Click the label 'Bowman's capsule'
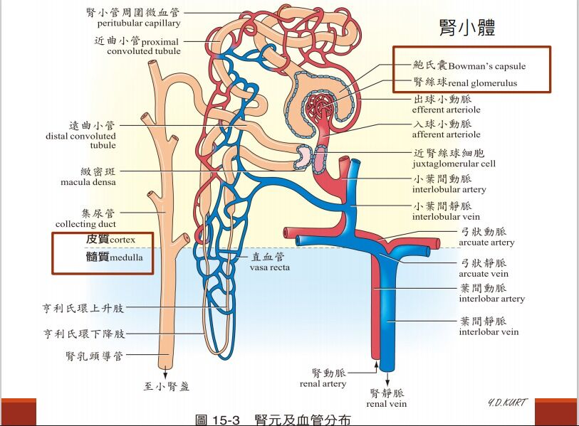tap(487, 66)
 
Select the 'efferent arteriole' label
tap(446, 110)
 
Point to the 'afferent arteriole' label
tap(446, 134)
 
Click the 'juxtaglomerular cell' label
tap(454, 164)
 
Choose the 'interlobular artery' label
tap(449, 190)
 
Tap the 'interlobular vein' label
tap(446, 216)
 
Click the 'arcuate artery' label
tap(486, 243)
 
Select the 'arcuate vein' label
tap(484, 274)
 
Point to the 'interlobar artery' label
tap(491, 299)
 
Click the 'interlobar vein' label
tap(489, 331)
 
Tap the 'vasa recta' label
tap(267, 268)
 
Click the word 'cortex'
tap(122, 240)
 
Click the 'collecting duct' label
tap(85, 224)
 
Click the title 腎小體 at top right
tap(467, 28)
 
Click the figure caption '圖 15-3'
tap(217, 420)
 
